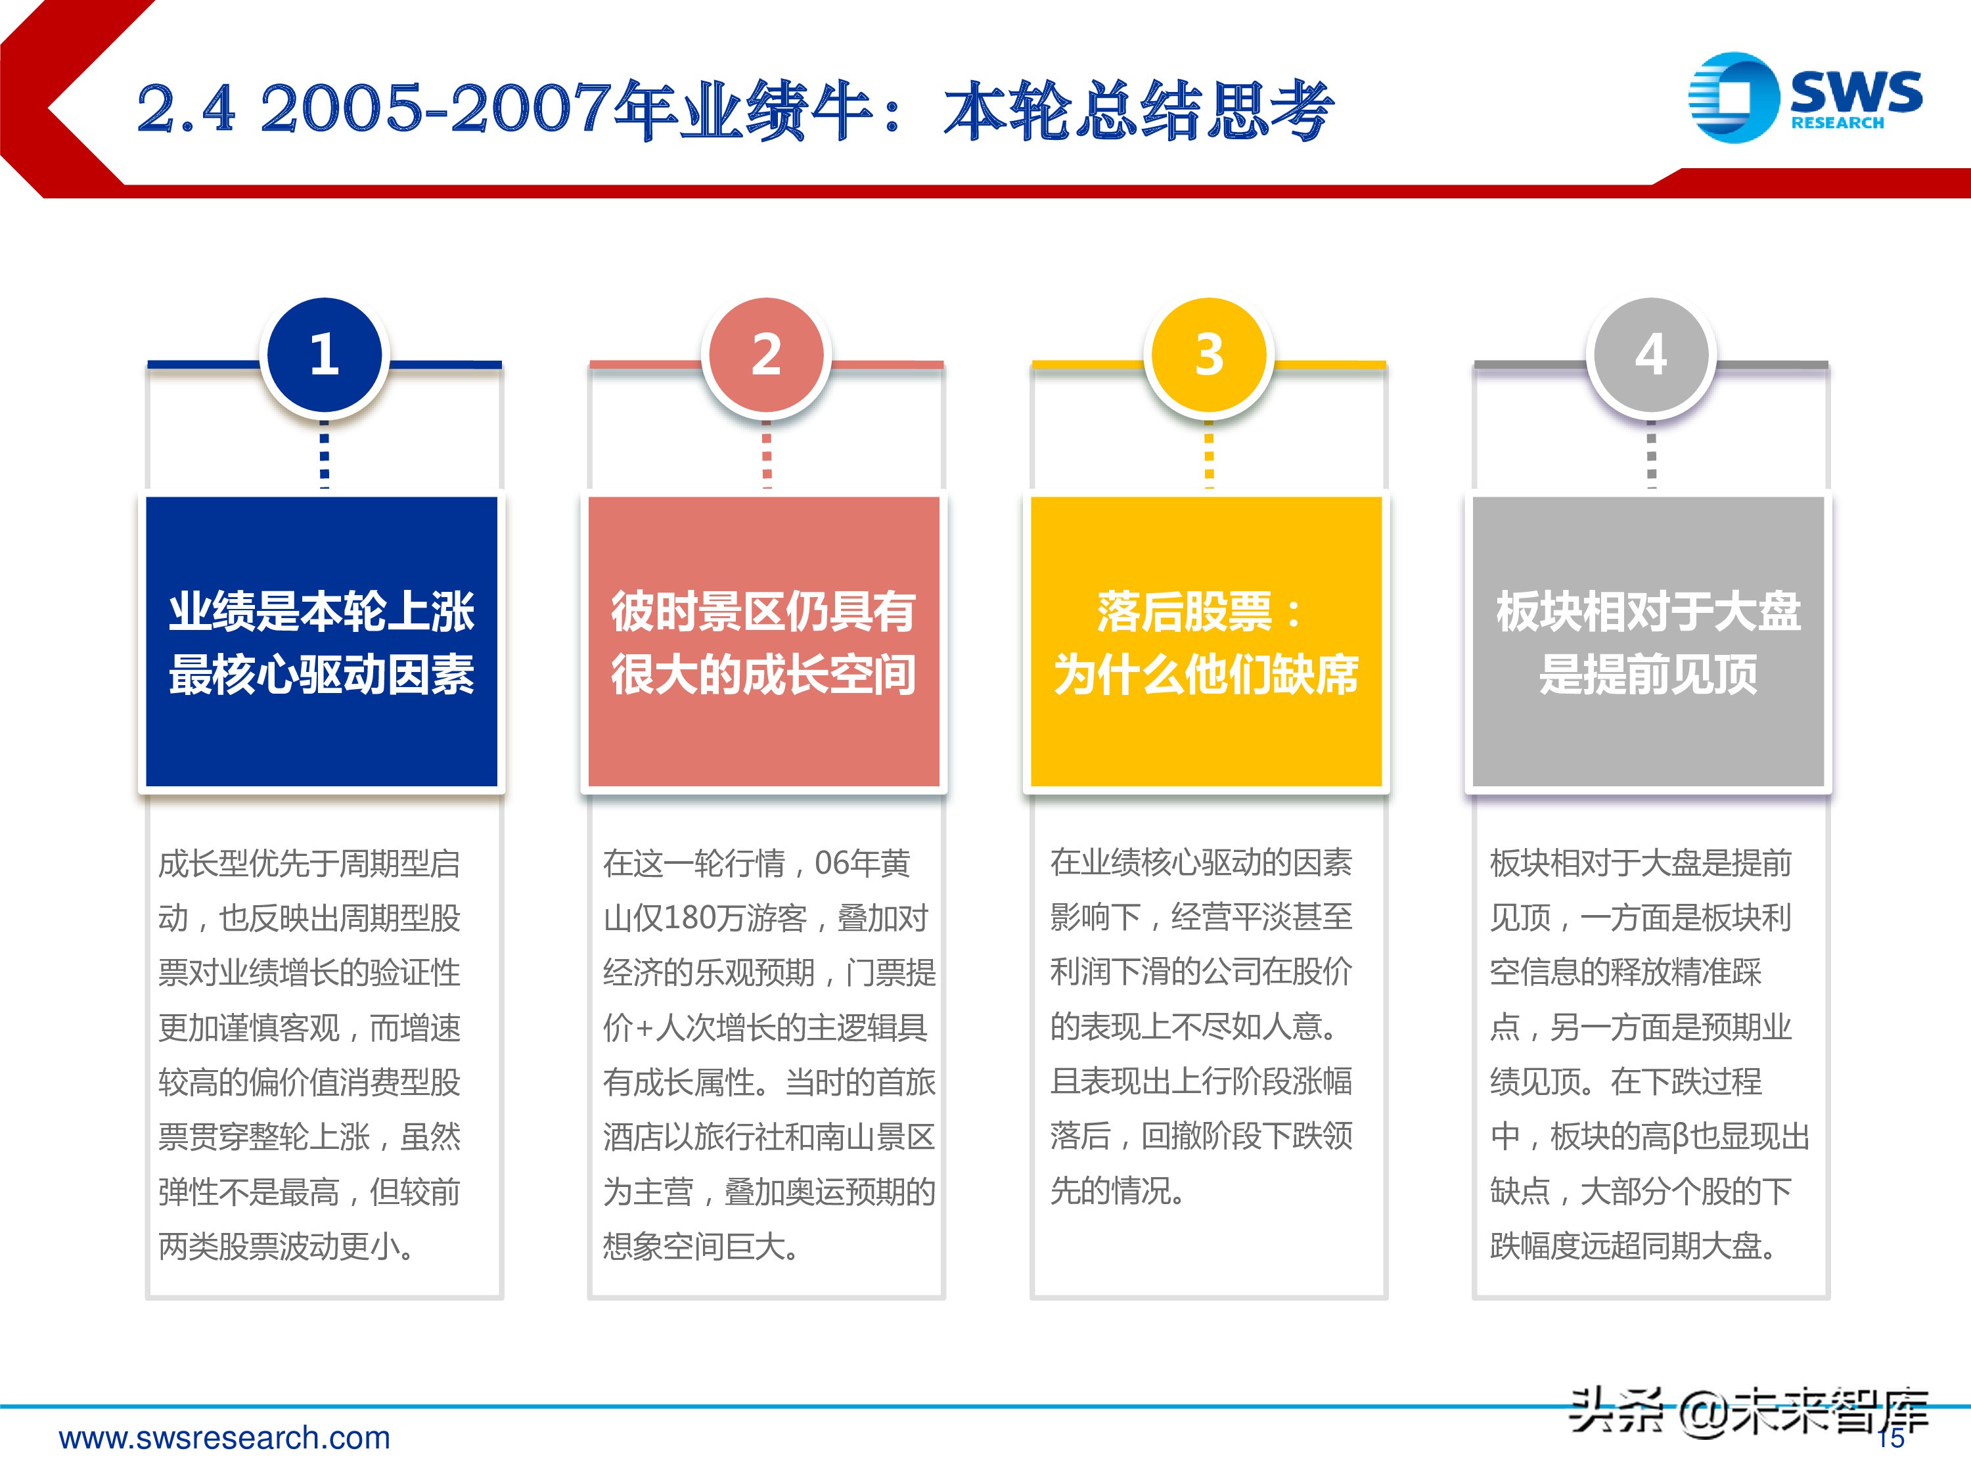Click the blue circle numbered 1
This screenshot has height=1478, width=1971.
coord(325,355)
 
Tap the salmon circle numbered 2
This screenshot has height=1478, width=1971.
coord(766,355)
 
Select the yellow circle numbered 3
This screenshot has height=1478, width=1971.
coord(1208,355)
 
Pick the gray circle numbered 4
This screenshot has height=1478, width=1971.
coord(1650,355)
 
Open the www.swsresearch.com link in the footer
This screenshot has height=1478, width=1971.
coord(225,1437)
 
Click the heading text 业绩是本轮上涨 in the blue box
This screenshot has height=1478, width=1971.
coord(322,612)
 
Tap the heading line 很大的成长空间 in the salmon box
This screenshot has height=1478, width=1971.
coord(763,675)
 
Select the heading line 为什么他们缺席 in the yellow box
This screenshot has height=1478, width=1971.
coord(1206,675)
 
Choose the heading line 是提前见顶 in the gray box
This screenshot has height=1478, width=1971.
coord(1648,675)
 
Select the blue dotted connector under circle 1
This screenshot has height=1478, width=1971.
coord(325,455)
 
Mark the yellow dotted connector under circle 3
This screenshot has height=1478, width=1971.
coord(1208,455)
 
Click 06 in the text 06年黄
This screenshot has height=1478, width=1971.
coord(831,862)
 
